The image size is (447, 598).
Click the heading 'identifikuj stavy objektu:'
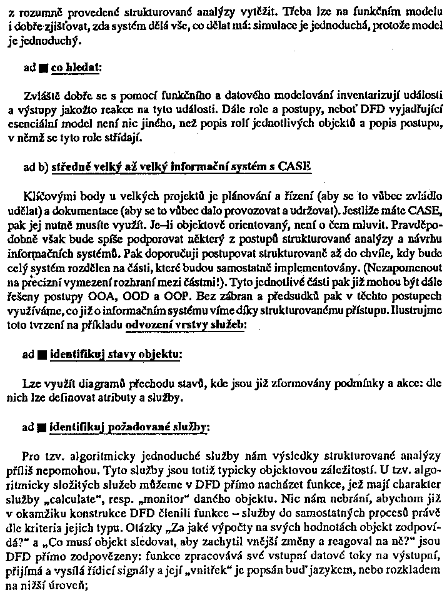(x=116, y=355)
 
